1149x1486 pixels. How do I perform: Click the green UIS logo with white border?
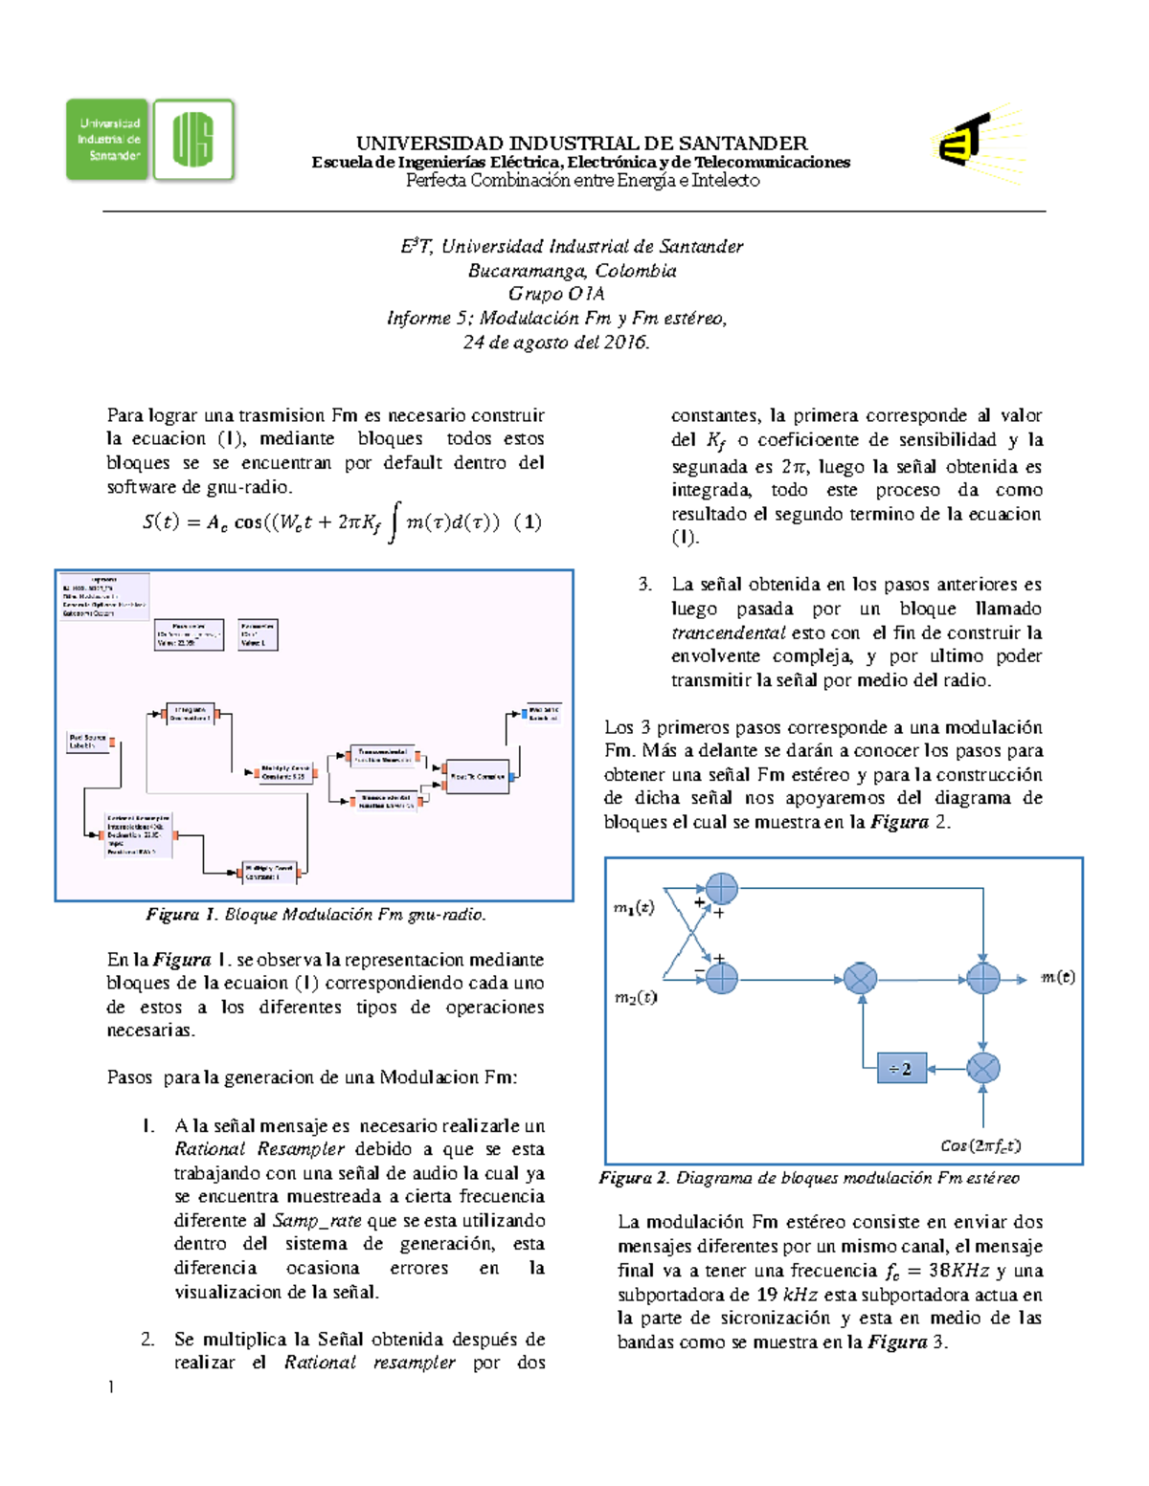[x=193, y=140]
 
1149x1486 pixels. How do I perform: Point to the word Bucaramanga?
[x=528, y=271]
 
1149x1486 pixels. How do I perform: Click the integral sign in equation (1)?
[x=393, y=524]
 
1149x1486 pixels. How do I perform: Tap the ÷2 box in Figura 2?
[x=901, y=1069]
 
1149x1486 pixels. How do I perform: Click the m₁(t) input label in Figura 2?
[x=634, y=907]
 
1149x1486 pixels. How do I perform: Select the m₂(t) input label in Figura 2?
[x=635, y=997]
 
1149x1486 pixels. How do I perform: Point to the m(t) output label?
[x=1057, y=977]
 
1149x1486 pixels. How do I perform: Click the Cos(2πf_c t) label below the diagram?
[x=980, y=1145]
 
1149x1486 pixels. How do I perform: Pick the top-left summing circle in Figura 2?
[x=722, y=889]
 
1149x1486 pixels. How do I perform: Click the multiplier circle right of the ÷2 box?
[x=983, y=1068]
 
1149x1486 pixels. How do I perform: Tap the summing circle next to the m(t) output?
[x=983, y=978]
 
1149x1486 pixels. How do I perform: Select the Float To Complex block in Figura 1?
[x=478, y=776]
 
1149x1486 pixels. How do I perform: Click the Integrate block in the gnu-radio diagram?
[x=191, y=714]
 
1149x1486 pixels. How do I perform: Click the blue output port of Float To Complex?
[x=513, y=777]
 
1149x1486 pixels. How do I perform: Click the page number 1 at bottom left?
[x=111, y=1387]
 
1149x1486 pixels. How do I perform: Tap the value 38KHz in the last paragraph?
[x=958, y=1271]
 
